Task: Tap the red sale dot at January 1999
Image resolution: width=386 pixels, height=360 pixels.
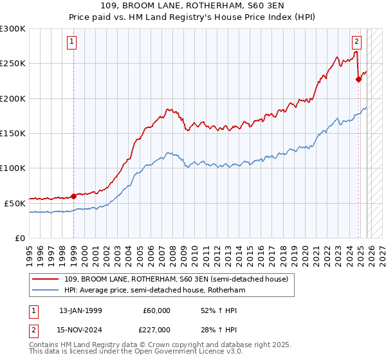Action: tap(73, 196)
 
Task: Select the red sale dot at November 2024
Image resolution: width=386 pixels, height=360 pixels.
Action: tap(358, 80)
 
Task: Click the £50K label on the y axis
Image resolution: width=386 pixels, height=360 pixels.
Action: tap(15, 203)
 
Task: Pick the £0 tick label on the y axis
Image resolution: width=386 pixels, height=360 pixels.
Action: tap(21, 238)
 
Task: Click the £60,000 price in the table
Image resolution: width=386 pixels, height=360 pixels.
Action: tap(156, 310)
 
